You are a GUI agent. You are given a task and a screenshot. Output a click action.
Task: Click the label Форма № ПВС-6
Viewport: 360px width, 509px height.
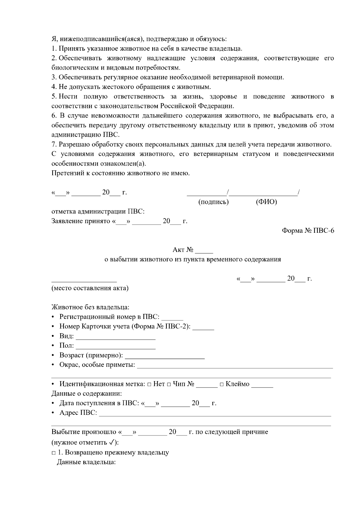308,231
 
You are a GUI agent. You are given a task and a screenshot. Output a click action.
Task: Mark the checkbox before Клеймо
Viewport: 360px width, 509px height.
221,385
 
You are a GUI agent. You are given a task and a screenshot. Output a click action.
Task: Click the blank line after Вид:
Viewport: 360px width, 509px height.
115,337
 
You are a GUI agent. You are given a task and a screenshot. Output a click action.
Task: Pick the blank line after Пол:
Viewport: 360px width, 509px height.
115,347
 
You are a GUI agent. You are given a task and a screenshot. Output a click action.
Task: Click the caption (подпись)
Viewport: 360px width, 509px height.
214,202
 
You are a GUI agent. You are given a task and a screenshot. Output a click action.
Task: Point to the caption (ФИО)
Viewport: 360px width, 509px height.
266,202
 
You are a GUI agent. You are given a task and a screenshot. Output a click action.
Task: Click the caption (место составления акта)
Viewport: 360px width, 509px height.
90,288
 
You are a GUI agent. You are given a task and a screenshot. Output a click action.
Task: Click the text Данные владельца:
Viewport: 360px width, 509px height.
86,462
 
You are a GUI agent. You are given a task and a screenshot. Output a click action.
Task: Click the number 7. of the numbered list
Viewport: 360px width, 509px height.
54,145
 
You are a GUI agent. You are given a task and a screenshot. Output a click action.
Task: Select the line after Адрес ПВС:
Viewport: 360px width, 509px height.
215,414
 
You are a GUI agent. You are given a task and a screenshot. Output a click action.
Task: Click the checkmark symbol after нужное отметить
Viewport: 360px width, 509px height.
112,442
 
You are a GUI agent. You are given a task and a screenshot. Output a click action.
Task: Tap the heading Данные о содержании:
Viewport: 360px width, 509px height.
87,393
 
